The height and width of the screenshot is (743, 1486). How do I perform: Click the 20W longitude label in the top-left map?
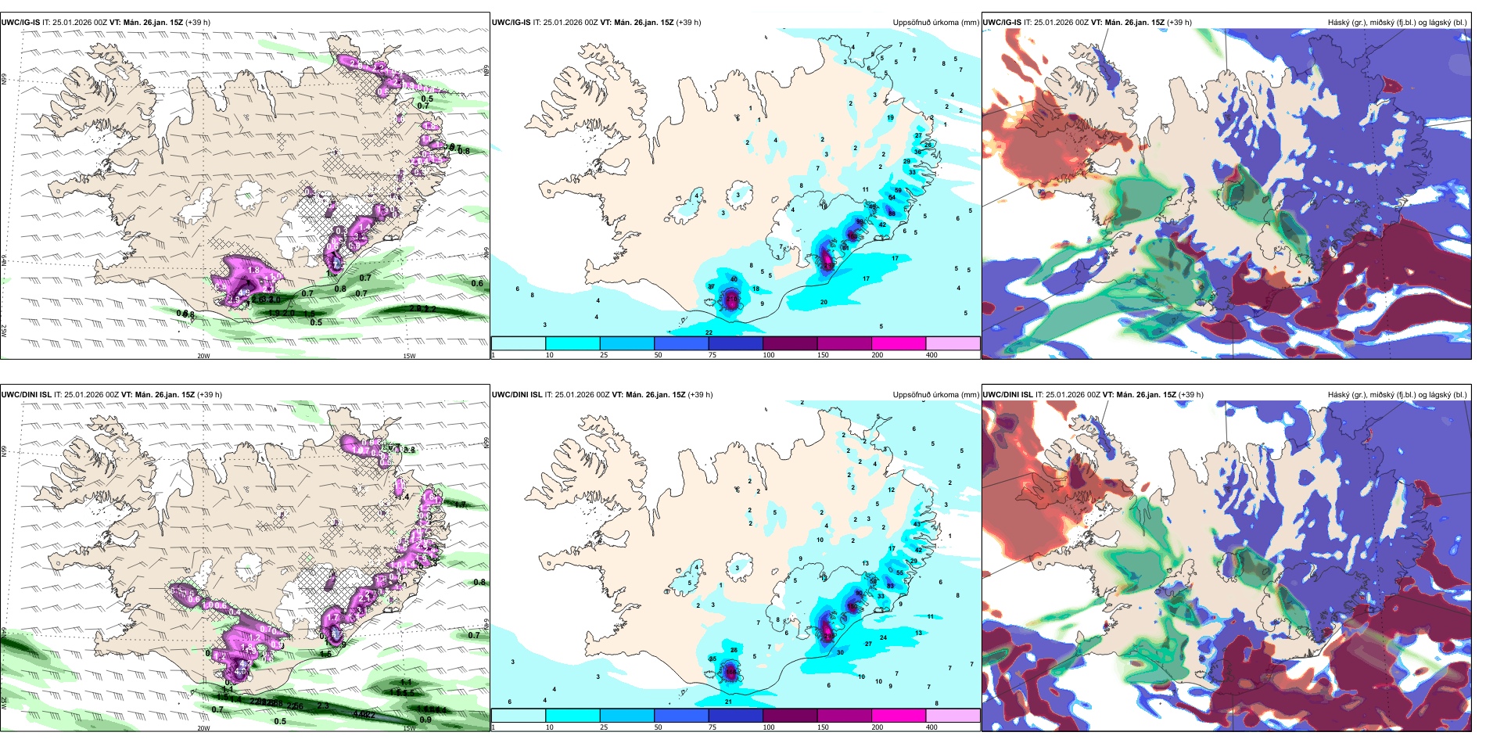click(203, 356)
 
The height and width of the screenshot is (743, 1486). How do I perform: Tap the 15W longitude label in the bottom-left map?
click(408, 728)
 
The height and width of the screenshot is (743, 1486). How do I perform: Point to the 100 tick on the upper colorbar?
click(769, 355)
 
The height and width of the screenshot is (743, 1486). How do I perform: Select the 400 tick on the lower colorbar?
click(931, 727)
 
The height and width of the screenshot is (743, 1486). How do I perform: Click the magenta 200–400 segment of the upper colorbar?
click(899, 343)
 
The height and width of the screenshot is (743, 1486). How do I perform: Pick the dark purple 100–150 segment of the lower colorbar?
click(790, 716)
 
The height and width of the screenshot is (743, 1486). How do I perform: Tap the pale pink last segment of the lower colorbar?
click(953, 716)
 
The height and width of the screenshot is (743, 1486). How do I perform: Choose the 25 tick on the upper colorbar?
click(604, 355)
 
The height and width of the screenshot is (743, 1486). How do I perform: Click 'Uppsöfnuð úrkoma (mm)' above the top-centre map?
click(935, 23)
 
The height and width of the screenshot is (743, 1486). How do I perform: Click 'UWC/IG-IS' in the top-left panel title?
click(20, 23)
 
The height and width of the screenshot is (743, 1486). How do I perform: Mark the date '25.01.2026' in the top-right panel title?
click(1053, 23)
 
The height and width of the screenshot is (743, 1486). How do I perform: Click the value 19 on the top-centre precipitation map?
click(890, 118)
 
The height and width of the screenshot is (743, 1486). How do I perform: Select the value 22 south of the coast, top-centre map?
click(709, 332)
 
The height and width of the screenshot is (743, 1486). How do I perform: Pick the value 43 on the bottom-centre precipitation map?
click(917, 524)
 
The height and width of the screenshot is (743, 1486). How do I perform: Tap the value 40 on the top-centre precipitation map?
click(734, 279)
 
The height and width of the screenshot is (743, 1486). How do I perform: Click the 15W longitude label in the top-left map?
click(408, 356)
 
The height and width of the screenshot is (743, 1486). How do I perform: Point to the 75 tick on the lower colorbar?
click(712, 727)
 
